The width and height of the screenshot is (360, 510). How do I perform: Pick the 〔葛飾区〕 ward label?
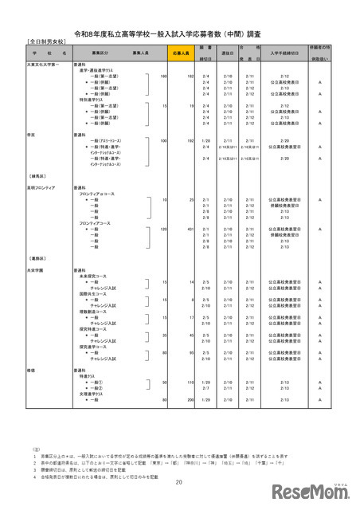[33, 257]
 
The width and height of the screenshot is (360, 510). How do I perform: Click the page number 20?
[179, 483]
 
